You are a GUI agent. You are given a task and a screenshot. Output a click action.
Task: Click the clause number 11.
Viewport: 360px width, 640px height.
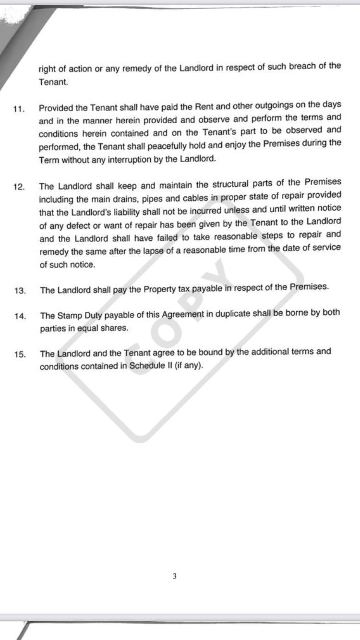tap(18, 109)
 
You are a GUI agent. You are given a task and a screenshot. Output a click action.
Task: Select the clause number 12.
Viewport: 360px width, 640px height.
tap(19, 187)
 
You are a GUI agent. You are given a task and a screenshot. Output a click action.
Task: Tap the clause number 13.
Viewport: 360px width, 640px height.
tap(20, 291)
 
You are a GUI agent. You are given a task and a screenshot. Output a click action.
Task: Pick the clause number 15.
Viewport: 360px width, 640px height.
tap(20, 355)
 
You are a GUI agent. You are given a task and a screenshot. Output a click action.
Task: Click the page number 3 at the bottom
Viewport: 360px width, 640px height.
tap(174, 576)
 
